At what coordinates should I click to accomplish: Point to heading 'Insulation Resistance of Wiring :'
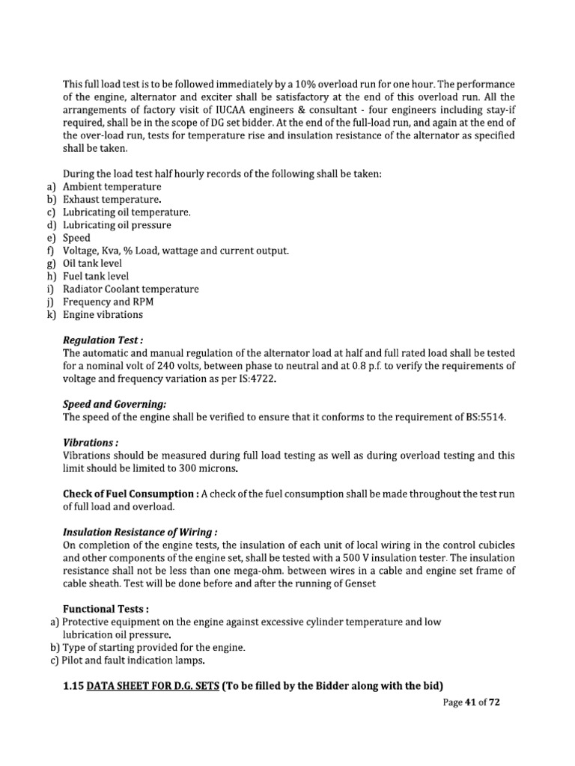click(140, 533)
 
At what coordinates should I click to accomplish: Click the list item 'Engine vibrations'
click(103, 315)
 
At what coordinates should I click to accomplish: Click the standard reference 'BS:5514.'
click(484, 417)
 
